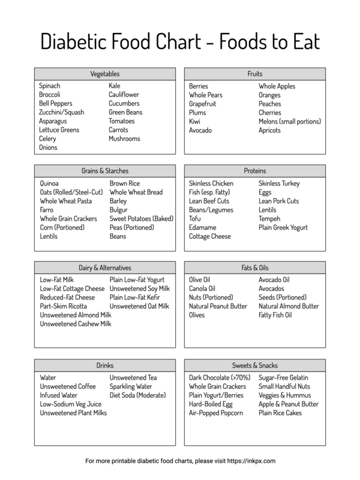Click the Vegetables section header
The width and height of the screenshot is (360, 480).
(104, 74)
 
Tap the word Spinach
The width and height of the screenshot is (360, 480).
(50, 86)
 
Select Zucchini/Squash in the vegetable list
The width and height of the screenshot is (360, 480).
(62, 112)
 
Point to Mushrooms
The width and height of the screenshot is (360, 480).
(124, 139)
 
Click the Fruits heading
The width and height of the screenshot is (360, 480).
(254, 74)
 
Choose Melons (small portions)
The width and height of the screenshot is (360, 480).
(290, 121)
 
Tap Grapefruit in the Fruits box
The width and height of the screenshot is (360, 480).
(203, 104)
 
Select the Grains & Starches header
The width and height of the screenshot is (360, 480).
(104, 171)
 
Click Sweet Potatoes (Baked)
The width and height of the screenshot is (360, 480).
(141, 219)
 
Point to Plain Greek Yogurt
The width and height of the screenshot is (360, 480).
(283, 228)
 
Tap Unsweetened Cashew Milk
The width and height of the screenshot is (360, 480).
(76, 324)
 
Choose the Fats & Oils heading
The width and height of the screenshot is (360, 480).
(254, 268)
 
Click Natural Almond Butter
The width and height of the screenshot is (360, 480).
(289, 307)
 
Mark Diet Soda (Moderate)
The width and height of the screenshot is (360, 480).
(137, 396)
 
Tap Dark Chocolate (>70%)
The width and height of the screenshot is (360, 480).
(220, 379)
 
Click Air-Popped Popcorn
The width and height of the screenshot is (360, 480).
(216, 413)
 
